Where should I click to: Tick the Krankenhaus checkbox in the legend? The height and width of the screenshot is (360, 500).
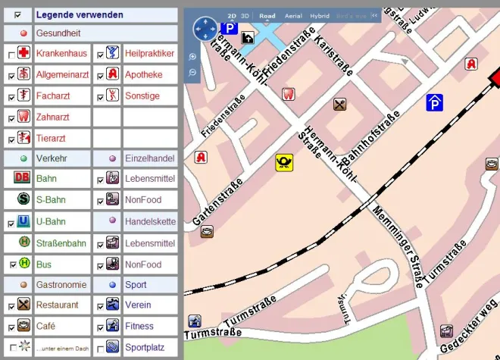[11, 55]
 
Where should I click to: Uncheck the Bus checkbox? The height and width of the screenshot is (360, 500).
[11, 265]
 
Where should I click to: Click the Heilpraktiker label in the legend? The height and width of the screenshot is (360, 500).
[149, 54]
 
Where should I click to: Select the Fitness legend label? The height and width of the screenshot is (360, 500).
[139, 327]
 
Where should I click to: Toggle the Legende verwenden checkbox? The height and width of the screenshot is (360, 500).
[17, 14]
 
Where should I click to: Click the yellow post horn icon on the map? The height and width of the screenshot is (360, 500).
[284, 161]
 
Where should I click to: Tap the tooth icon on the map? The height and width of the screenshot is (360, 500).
[287, 94]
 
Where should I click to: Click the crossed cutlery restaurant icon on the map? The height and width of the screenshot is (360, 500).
[340, 105]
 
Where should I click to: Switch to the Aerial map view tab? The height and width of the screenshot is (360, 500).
[292, 16]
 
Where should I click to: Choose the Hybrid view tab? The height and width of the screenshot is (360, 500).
[320, 16]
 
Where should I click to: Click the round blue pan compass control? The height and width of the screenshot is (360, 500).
[205, 30]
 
